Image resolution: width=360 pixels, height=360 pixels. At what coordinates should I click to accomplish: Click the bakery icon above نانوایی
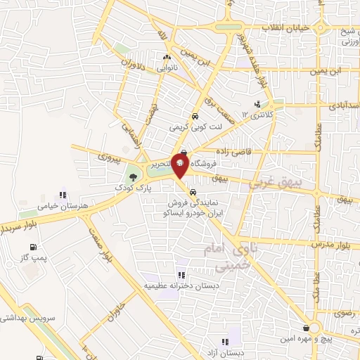[x=167, y=58]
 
